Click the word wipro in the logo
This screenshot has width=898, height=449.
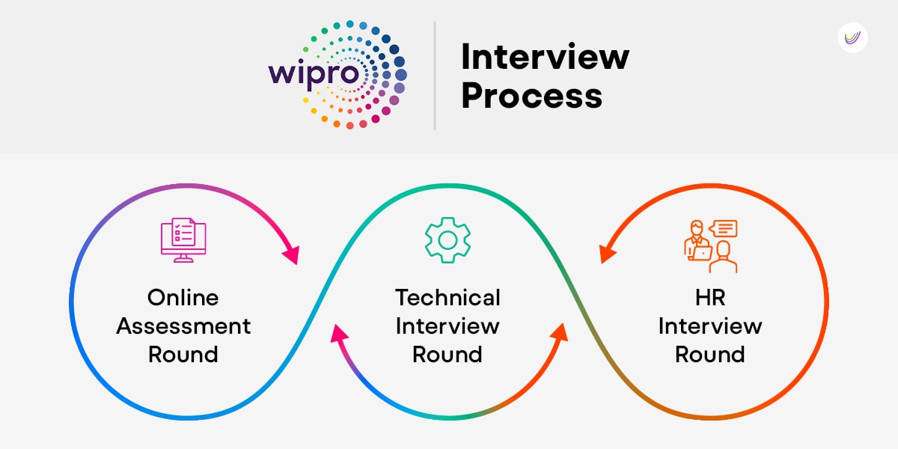pyautogui.click(x=314, y=75)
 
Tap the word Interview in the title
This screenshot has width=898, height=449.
pyautogui.click(x=546, y=57)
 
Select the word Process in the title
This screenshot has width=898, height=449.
pyautogui.click(x=531, y=96)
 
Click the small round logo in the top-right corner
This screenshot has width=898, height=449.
pyautogui.click(x=852, y=37)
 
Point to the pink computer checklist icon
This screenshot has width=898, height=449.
pyautogui.click(x=183, y=240)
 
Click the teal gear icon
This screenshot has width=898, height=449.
pyautogui.click(x=448, y=240)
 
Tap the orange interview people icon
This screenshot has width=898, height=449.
pyautogui.click(x=710, y=246)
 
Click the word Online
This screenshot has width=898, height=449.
pyautogui.click(x=183, y=298)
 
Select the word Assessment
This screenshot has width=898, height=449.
pyautogui.click(x=183, y=326)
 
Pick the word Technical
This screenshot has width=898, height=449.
pyautogui.click(x=448, y=298)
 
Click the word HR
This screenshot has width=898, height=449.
pyautogui.click(x=710, y=298)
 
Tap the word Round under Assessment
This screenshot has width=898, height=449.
pyautogui.click(x=183, y=355)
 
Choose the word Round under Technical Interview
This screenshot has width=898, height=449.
pyautogui.click(x=448, y=355)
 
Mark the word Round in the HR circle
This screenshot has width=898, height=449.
pyautogui.click(x=710, y=355)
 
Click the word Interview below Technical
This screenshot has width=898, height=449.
pyautogui.click(x=448, y=326)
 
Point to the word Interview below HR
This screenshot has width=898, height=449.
pyautogui.click(x=710, y=326)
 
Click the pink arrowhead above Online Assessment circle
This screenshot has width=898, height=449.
pyautogui.click(x=292, y=254)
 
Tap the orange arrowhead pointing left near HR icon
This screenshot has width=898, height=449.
pyautogui.click(x=607, y=254)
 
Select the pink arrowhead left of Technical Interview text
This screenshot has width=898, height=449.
pyautogui.click(x=338, y=334)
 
